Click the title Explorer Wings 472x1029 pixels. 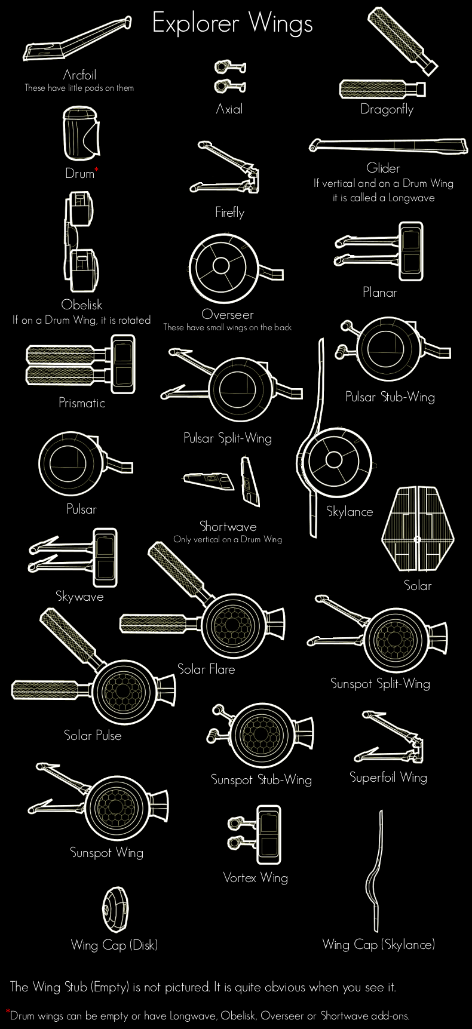coord(232,24)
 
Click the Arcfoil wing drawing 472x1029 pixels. coord(77,40)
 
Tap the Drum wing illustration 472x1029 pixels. coord(81,133)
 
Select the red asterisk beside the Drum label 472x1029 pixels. coord(97,170)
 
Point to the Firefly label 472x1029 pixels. coord(230,212)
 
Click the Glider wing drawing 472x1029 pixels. coord(388,146)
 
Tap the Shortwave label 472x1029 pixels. coord(228,526)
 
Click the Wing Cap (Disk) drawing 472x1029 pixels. coord(114,909)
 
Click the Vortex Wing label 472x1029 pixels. coord(256,877)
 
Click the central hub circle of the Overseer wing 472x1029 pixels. coord(222,265)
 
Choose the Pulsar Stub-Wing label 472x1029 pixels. coord(390,397)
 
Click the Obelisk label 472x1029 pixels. coord(82,305)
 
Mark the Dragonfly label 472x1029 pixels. coord(387,109)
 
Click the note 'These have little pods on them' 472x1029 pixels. coord(79,88)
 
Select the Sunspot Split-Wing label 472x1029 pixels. coord(381,683)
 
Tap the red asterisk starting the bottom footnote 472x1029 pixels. coord(8,1012)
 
